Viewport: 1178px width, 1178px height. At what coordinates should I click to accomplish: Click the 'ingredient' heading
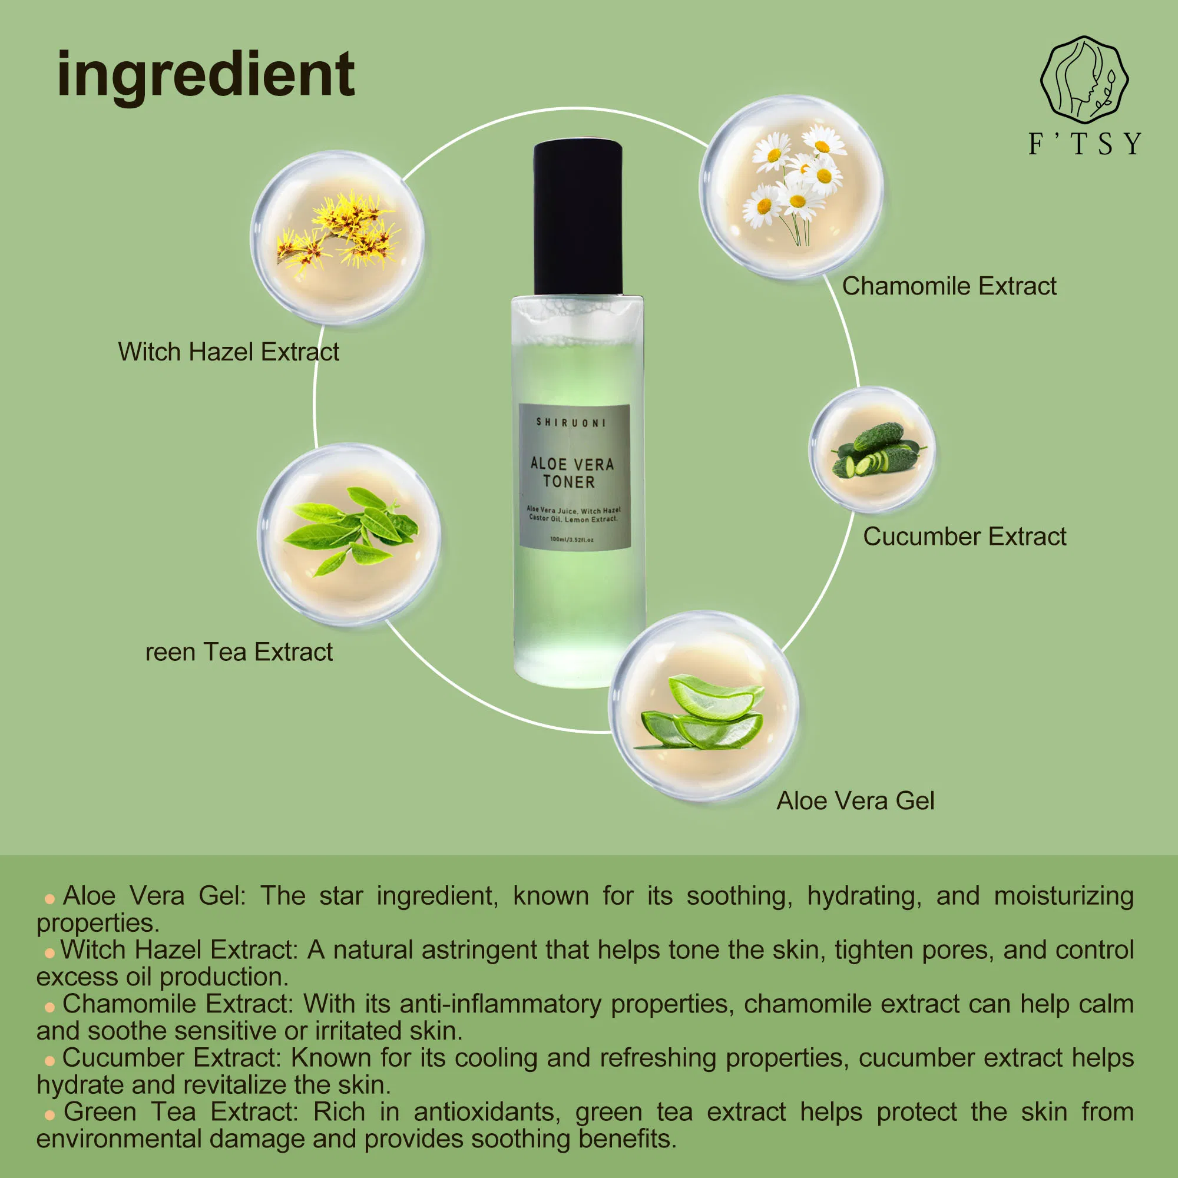[206, 76]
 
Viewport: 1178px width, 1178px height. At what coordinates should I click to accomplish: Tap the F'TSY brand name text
[1084, 144]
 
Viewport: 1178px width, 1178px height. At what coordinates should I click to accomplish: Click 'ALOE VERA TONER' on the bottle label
[572, 472]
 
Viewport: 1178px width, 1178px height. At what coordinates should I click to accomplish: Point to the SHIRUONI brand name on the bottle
[571, 422]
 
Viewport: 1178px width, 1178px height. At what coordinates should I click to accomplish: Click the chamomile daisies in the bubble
[793, 183]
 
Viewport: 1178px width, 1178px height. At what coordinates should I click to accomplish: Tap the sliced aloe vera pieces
[704, 713]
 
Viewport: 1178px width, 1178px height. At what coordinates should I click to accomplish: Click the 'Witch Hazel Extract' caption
[229, 352]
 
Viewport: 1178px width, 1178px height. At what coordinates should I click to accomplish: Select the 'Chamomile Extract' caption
[949, 286]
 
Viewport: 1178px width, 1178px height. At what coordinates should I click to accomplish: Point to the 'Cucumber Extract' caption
[965, 537]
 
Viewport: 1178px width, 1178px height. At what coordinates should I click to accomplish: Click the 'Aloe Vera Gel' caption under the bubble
[855, 801]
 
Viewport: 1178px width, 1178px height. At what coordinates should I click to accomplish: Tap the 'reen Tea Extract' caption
[239, 653]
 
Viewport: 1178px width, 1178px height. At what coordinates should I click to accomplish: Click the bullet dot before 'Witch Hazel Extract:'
[49, 953]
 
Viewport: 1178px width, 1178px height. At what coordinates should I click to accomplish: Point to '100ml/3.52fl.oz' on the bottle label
[572, 540]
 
